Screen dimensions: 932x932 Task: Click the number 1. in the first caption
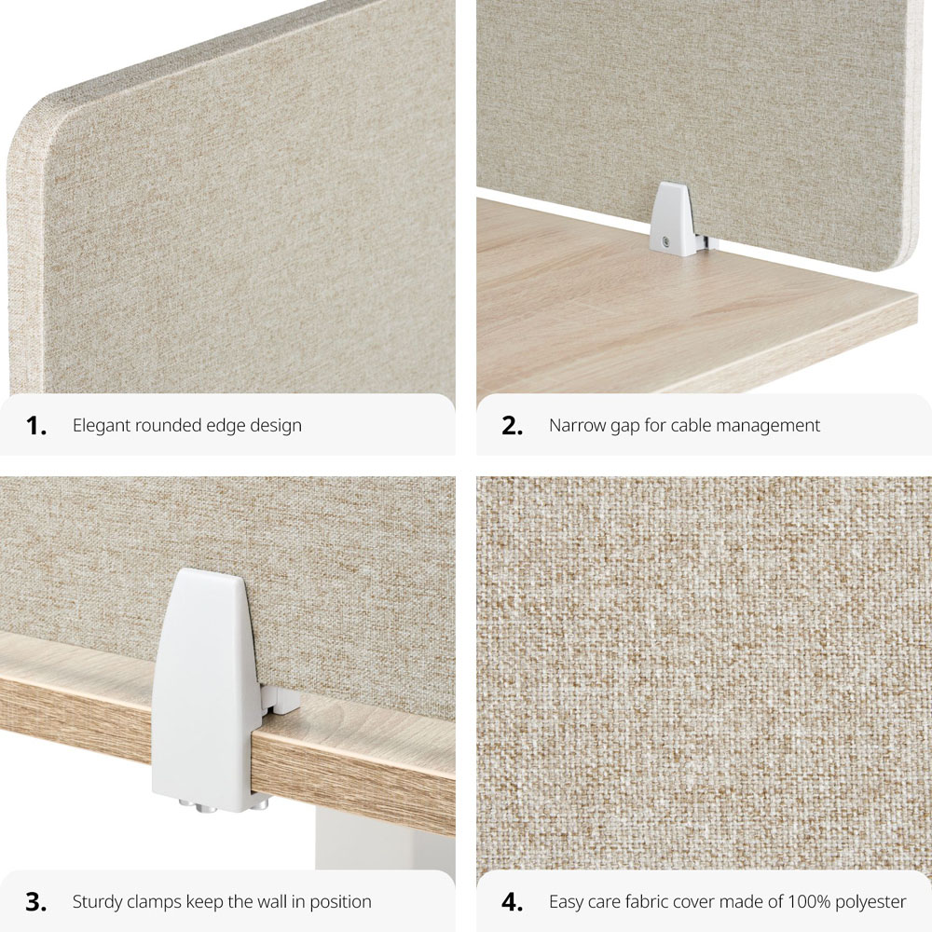point(36,426)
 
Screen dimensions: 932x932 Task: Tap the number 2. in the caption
point(513,426)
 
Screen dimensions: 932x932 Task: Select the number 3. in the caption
point(36,901)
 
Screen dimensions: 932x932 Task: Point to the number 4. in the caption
point(513,901)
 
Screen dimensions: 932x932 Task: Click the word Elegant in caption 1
point(101,426)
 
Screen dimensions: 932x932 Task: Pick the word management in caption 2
point(770,426)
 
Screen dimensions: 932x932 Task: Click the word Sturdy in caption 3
point(97,901)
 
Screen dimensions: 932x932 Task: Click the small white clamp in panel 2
point(673,219)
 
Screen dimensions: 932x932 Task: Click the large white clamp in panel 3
point(210,680)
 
